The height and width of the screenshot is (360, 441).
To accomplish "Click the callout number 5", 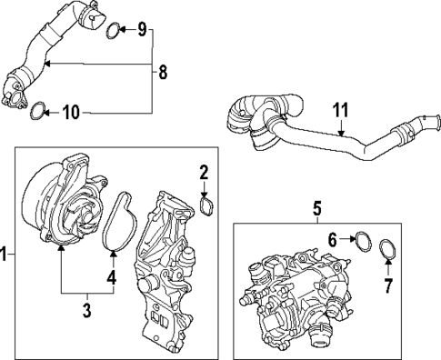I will (317, 208).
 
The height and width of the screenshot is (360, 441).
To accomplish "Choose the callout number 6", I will (334, 241).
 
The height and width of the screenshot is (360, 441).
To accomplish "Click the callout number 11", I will (340, 111).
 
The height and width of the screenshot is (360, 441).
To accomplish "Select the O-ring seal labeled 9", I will (112, 33).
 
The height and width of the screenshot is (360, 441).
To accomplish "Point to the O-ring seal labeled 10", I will (37, 113).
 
